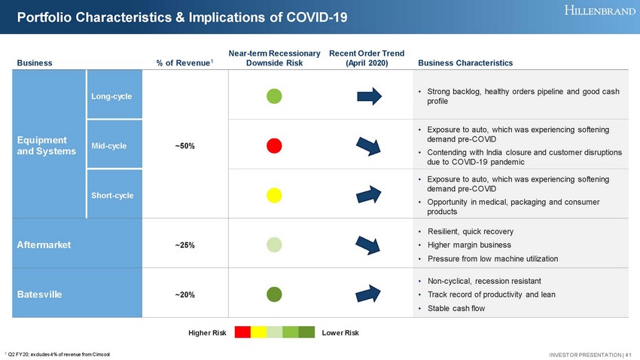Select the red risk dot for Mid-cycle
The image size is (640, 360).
point(275,145)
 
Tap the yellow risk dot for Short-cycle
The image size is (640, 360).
point(275,195)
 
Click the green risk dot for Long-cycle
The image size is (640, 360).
point(275,96)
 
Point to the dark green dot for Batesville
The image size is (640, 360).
point(275,294)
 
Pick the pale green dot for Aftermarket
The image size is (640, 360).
point(275,244)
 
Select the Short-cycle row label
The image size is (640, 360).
point(112,196)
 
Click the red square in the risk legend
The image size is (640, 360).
point(242,332)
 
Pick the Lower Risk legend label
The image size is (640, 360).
point(341,332)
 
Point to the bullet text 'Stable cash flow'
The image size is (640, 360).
point(457,307)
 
